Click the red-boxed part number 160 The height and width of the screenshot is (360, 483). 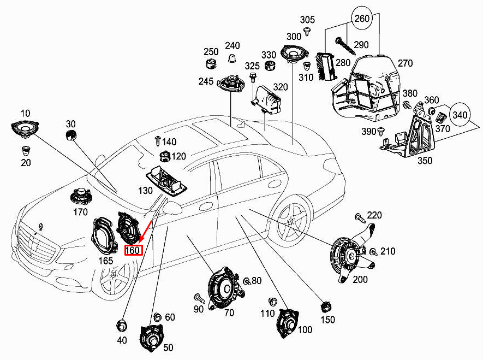pyautogui.click(x=134, y=251)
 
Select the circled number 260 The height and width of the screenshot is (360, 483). pyautogui.click(x=362, y=18)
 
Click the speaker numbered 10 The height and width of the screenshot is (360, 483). pyautogui.click(x=25, y=130)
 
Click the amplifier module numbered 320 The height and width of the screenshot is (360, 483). pyautogui.click(x=266, y=98)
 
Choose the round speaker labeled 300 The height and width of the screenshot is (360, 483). pyautogui.click(x=295, y=54)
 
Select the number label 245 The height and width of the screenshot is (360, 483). pyautogui.click(x=206, y=81)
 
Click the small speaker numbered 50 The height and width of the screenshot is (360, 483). pyautogui.click(x=152, y=338)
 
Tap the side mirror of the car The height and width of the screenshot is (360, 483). pyautogui.click(x=172, y=208)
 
